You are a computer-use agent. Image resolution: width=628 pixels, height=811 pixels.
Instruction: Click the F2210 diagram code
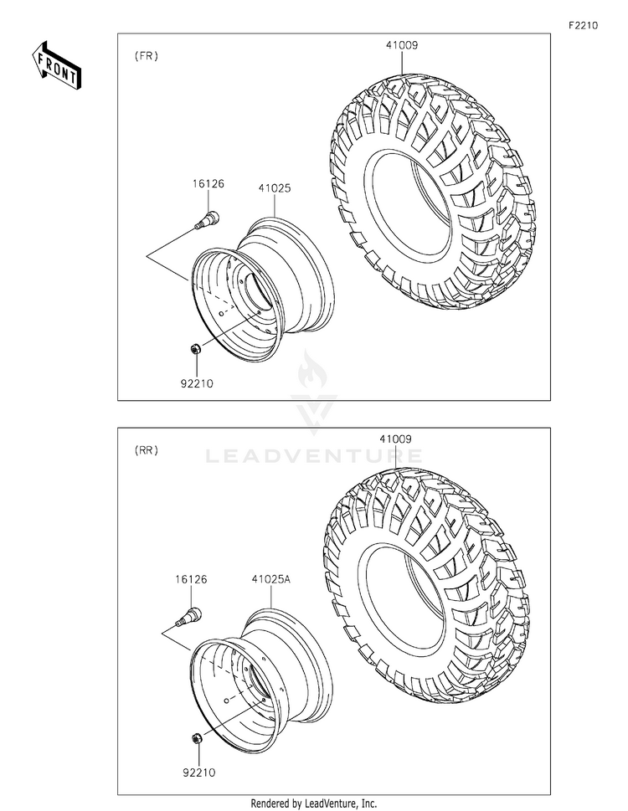click(583, 25)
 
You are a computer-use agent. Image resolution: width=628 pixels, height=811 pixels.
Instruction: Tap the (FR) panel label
click(147, 56)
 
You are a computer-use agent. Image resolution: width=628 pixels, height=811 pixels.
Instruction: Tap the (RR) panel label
click(147, 450)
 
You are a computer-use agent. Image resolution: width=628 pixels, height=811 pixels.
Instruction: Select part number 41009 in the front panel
click(401, 45)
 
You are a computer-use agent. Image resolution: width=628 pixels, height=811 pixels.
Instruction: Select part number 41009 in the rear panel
click(396, 439)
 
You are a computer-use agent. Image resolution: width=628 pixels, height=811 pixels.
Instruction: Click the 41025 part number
click(275, 188)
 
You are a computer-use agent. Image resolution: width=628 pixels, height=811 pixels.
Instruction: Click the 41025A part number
click(271, 579)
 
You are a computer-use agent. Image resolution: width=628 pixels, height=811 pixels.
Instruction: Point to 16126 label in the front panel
click(208, 183)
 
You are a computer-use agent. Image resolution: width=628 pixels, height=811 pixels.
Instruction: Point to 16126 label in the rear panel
click(191, 579)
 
